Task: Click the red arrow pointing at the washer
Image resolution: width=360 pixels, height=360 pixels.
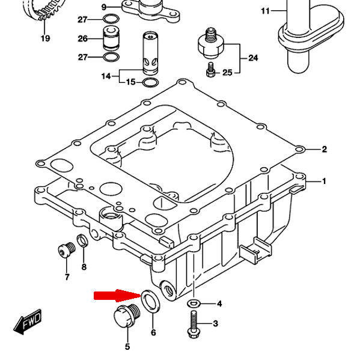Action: tap(117, 296)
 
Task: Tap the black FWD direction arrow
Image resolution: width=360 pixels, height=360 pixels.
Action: tap(28, 322)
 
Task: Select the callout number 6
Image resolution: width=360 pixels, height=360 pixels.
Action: tap(153, 332)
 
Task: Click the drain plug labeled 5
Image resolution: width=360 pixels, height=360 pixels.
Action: tap(127, 316)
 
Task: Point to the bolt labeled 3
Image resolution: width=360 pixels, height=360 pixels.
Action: tap(194, 324)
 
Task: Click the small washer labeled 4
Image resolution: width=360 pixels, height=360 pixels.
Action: tap(194, 304)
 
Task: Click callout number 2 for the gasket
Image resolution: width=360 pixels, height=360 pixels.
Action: tap(324, 149)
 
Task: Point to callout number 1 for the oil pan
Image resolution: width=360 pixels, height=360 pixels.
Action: tap(324, 181)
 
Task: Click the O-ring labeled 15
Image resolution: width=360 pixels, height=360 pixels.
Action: tap(150, 82)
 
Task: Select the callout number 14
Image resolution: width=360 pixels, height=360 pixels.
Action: tap(106, 76)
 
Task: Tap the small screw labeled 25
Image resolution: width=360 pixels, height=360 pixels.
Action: tap(210, 70)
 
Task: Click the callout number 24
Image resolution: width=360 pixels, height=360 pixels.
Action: tap(253, 58)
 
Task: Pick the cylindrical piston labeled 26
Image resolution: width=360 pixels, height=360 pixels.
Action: tap(111, 38)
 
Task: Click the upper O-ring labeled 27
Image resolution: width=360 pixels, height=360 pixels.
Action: tap(111, 19)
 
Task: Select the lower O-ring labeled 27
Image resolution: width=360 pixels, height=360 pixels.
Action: tap(111, 57)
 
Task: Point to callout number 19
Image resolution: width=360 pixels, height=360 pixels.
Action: tap(45, 38)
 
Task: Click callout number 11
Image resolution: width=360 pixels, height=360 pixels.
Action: tap(265, 11)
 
